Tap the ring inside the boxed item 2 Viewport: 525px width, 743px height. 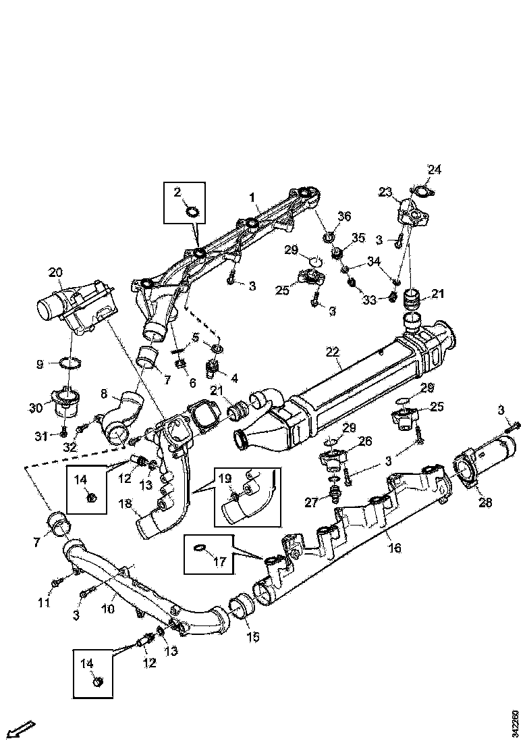tap(192, 213)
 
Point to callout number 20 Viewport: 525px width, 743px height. tap(55, 273)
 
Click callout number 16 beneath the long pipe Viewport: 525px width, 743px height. tap(395, 548)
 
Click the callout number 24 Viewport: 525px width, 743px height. tap(434, 170)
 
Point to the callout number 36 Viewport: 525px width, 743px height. tap(344, 216)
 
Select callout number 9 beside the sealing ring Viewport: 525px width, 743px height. tap(40, 364)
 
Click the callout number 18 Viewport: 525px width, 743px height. tap(124, 504)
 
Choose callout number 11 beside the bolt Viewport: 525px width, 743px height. tap(44, 603)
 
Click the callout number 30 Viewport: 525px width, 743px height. tap(35, 407)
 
